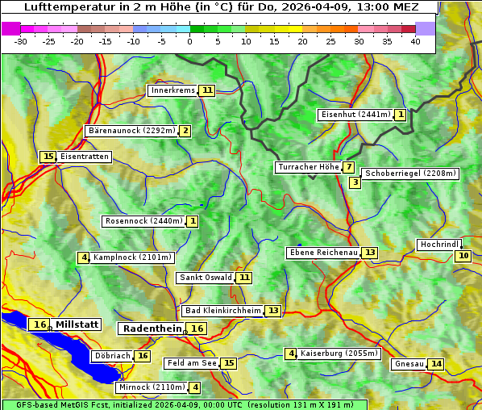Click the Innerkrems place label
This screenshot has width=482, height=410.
(172, 90)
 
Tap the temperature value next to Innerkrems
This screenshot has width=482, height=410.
(208, 90)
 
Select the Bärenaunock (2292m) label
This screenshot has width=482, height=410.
(131, 131)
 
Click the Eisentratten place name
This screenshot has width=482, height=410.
(85, 157)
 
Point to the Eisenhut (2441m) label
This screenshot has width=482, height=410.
(355, 115)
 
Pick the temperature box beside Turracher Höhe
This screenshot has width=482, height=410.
(348, 168)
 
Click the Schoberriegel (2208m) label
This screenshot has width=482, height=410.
(410, 174)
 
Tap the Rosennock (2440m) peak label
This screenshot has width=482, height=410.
(143, 221)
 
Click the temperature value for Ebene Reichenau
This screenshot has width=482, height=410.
(370, 253)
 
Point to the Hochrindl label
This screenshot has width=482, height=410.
(439, 245)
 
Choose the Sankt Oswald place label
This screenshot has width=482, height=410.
(206, 278)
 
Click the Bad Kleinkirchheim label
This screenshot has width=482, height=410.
(223, 311)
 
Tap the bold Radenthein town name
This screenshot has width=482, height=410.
(152, 328)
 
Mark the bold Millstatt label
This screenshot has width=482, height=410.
(77, 324)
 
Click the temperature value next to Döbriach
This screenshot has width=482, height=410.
(143, 356)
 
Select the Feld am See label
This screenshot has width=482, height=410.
(192, 363)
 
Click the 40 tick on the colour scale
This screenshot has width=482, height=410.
(415, 41)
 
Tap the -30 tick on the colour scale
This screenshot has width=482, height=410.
(22, 41)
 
